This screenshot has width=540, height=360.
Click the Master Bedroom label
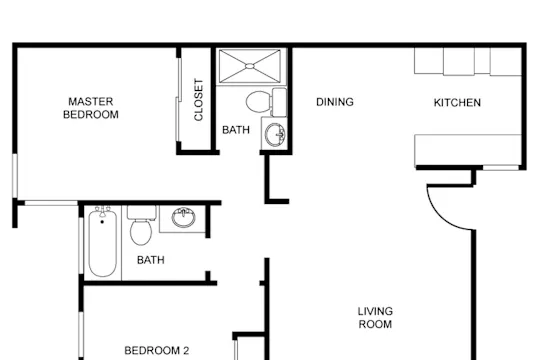click(91, 108)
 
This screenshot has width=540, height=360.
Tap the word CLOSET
click(199, 100)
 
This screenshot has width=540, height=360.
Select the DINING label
click(335, 102)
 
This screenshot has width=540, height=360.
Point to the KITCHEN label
click(457, 103)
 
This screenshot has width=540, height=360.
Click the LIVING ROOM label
click(375, 318)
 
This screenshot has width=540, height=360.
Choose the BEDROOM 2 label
click(157, 351)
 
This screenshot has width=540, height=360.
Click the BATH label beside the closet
click(236, 130)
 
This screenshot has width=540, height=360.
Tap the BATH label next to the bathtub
click(150, 260)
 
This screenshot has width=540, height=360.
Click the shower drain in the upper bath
click(250, 65)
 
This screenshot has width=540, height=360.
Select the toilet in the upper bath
click(266, 102)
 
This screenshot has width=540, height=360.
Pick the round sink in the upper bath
click(276, 135)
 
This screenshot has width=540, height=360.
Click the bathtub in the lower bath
click(102, 243)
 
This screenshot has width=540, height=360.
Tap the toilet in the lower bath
click(141, 225)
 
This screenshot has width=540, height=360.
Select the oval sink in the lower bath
click(184, 217)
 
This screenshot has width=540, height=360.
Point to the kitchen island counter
click(468, 151)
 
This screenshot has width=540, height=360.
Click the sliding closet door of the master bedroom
click(178, 100)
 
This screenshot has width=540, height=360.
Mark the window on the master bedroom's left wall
click(15, 176)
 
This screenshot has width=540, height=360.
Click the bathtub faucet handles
click(102, 211)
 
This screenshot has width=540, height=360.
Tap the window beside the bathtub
click(81, 246)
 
